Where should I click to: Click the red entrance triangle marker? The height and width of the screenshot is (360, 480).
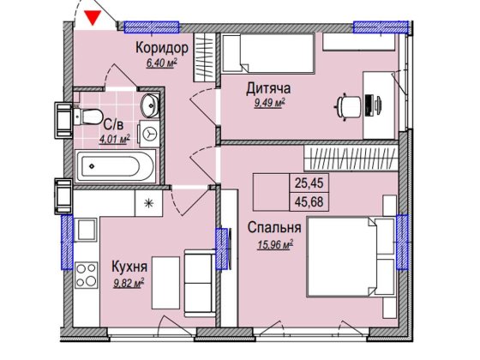[93, 18]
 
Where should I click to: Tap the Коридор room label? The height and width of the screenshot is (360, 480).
[162, 48]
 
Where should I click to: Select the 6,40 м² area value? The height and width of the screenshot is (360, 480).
[162, 63]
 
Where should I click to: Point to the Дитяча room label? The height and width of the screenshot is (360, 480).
[268, 88]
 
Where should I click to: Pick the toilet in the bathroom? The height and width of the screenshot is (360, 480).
[87, 116]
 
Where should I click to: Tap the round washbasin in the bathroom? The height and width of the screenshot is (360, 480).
[150, 105]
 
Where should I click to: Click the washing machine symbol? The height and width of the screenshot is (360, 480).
[149, 134]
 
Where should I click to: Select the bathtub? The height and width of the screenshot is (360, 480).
[116, 166]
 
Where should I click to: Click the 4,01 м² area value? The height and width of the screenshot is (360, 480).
[115, 139]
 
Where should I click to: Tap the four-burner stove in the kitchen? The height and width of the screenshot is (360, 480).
[86, 275]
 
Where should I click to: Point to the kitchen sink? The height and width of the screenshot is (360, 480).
[86, 230]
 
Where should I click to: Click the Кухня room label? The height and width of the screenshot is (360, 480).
[129, 267]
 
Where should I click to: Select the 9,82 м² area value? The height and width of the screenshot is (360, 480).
[129, 284]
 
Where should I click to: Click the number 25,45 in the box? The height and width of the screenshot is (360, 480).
[309, 183]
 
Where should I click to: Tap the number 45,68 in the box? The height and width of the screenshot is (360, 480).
[309, 201]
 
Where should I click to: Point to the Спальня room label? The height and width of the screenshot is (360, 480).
[274, 227]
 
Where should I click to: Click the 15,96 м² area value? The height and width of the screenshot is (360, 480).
[275, 245]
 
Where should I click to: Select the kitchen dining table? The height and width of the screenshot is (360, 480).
[166, 283]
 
